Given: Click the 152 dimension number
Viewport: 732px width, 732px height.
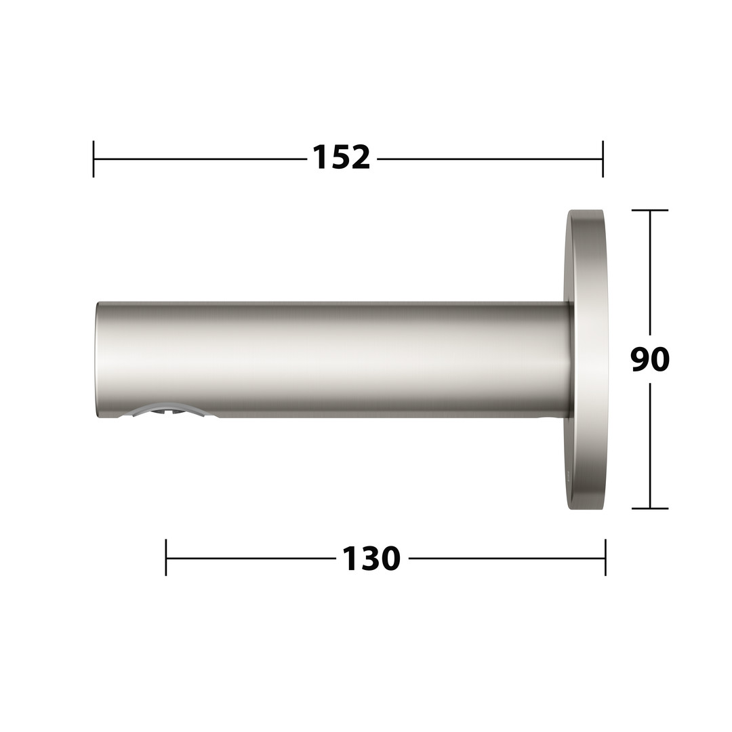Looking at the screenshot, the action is click(x=341, y=157).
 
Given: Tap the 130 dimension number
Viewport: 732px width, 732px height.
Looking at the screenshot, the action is click(x=371, y=558).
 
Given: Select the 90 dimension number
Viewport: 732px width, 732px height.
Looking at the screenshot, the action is click(x=650, y=359).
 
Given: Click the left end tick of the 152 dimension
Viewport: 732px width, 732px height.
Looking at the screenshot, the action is click(x=94, y=159).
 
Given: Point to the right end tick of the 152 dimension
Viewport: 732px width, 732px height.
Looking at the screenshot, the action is click(x=603, y=159).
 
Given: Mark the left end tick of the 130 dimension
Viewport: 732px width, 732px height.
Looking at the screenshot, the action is click(x=166, y=557).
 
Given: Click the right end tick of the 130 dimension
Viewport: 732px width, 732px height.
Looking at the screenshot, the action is click(x=605, y=557).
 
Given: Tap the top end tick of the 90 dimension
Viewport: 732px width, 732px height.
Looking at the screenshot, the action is click(x=650, y=211).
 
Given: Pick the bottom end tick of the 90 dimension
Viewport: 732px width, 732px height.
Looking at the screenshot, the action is click(x=650, y=508).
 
